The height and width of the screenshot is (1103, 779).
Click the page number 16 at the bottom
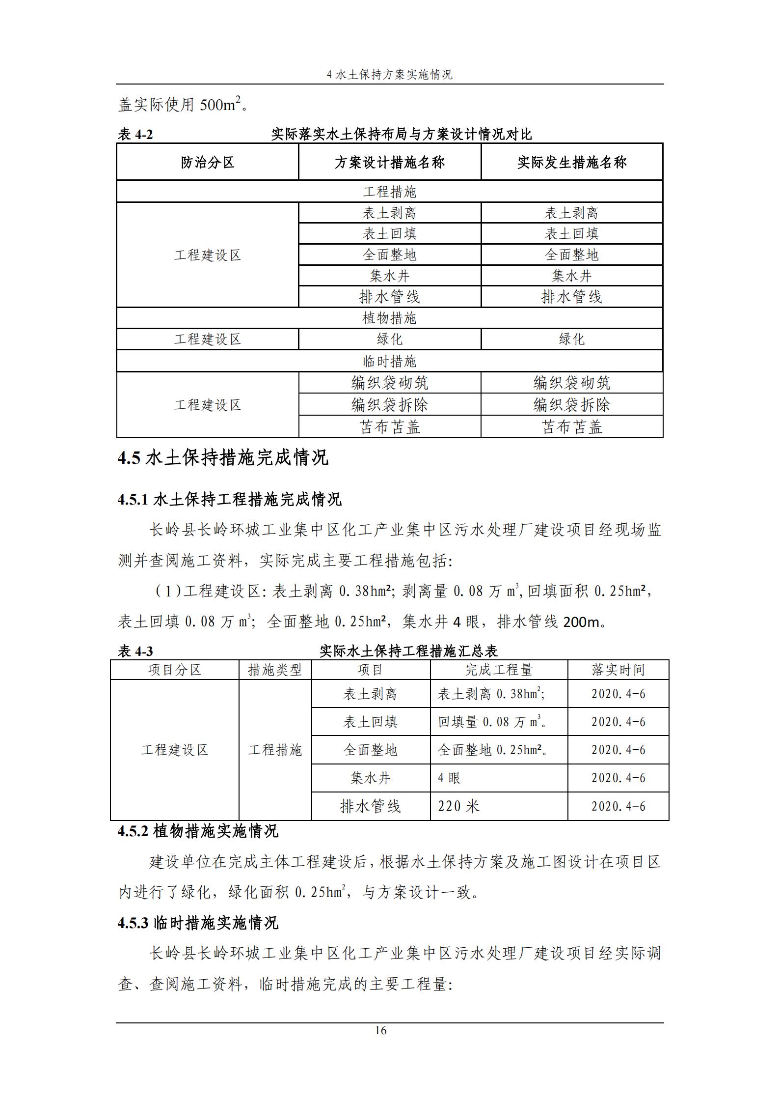click(x=380, y=1030)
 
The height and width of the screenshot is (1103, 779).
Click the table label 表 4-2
click(x=135, y=134)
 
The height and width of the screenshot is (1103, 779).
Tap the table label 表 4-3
click(x=135, y=651)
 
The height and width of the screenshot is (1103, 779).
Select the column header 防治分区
click(x=207, y=162)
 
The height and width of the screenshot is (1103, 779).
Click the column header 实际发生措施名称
click(x=571, y=162)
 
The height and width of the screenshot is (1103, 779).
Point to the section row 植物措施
click(x=389, y=318)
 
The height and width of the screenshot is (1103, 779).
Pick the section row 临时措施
click(x=389, y=362)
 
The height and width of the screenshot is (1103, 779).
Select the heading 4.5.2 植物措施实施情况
click(x=198, y=831)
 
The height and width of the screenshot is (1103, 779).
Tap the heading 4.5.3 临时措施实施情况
click(x=198, y=923)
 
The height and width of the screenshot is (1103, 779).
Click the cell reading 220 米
click(x=458, y=806)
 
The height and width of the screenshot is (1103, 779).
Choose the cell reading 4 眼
click(x=449, y=778)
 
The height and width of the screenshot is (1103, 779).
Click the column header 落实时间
click(x=618, y=670)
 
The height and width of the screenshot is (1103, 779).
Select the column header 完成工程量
click(x=499, y=670)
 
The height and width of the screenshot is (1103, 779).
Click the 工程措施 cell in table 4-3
click(x=275, y=750)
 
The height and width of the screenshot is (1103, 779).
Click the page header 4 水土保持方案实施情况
click(x=389, y=75)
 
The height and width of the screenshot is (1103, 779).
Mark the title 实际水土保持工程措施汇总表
click(x=408, y=651)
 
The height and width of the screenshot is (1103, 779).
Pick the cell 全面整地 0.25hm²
click(x=492, y=750)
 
